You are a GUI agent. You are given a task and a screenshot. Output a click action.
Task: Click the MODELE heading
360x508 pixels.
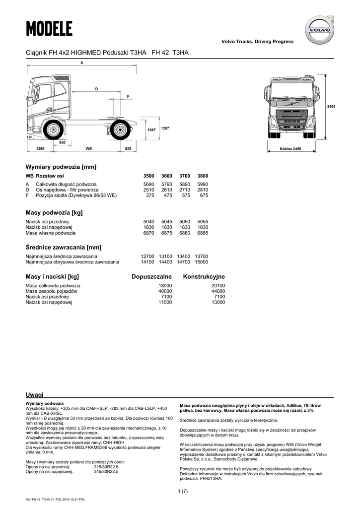[x=49, y=29]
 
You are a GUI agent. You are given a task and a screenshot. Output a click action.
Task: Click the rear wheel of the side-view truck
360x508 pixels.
[x=119, y=130]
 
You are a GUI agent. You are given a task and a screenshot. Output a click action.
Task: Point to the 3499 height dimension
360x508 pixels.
[x=331, y=107]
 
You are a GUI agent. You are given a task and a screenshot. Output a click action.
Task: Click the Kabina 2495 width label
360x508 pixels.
[x=290, y=149]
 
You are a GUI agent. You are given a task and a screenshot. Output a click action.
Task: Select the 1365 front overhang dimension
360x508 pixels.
[x=40, y=148]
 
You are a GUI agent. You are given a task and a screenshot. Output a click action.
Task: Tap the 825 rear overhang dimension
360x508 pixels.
[x=128, y=148]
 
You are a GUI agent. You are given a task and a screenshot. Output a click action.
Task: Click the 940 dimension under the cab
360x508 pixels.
[x=62, y=142]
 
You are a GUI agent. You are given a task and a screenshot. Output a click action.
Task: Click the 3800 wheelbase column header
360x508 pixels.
[x=203, y=176]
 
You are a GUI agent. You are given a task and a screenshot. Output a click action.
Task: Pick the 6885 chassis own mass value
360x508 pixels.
[x=203, y=233]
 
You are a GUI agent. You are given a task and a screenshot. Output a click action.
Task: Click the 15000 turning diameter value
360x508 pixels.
[x=202, y=261]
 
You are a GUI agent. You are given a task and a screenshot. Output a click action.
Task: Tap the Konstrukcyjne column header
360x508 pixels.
[x=204, y=276]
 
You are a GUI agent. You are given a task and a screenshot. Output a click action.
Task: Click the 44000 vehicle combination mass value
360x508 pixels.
[x=218, y=291]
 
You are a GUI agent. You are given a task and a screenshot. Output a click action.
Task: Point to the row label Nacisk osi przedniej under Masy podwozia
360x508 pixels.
[x=47, y=222]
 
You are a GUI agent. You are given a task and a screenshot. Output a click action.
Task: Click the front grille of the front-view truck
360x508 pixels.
[x=290, y=119]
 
